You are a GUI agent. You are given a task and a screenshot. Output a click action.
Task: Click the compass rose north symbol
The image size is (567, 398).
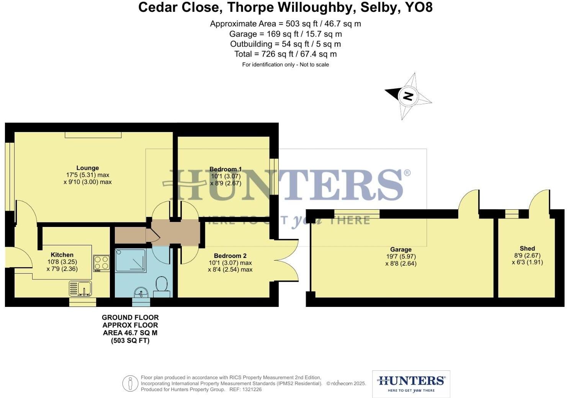tap(408, 96)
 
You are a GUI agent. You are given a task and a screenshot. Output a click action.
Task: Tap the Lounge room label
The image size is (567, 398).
tap(88, 168)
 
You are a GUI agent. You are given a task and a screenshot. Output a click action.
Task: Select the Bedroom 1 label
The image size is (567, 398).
tap(225, 169)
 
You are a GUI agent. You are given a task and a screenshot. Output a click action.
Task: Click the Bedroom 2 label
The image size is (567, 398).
tap(230, 256)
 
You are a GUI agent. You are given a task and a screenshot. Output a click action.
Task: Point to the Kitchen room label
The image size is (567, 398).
tap(62, 255)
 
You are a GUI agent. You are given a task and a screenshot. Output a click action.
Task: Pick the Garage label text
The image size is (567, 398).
tap(401, 250)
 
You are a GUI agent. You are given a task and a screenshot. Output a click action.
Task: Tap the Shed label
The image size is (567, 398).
tap(527, 248)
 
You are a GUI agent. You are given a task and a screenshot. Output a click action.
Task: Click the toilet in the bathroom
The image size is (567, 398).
tap(162, 285)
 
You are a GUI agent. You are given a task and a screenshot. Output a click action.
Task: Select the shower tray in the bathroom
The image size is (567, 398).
tap(131, 261)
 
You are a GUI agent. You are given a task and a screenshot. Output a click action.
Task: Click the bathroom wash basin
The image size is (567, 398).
tap(141, 293)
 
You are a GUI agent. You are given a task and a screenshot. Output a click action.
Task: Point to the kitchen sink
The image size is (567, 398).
tap(80, 289)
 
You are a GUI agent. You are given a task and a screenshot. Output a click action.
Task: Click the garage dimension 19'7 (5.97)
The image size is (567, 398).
tap(401, 256)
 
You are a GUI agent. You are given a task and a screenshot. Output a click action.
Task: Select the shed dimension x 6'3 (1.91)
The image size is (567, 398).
tap(527, 262)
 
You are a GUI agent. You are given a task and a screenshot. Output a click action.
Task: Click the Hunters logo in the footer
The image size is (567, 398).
tap(411, 383)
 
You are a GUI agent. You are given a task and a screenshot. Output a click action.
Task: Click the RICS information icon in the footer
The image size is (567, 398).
tap(130, 383)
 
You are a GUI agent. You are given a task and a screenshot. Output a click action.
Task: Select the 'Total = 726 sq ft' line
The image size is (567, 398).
tap(285, 54)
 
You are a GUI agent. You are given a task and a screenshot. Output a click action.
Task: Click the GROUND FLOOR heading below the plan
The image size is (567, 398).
tap(130, 317)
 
